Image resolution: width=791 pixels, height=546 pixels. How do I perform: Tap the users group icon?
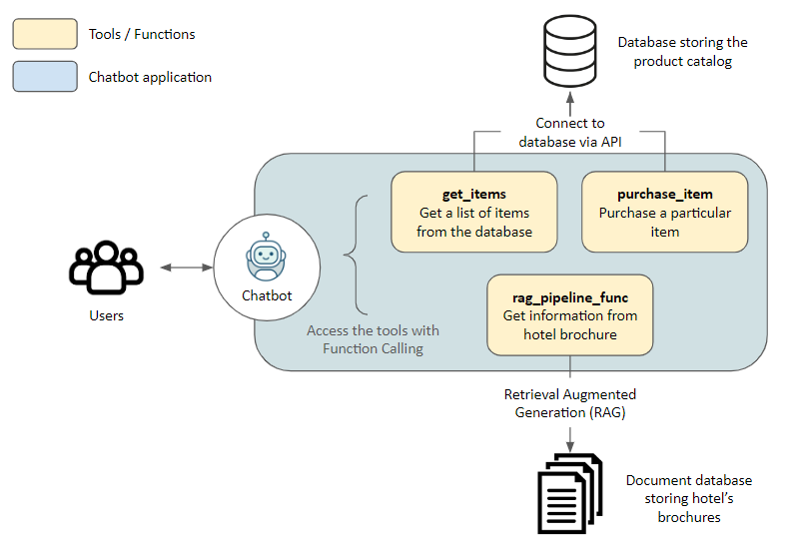[x=106, y=267]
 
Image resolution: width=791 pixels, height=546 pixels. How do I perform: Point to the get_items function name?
[x=474, y=194]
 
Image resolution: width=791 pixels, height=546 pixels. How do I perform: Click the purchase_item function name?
[x=665, y=194]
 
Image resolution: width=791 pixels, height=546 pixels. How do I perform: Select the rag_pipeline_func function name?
[x=570, y=296]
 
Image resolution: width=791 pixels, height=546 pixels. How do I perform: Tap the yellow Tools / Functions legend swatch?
[x=45, y=34]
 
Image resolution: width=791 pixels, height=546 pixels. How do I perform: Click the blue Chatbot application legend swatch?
[x=45, y=77]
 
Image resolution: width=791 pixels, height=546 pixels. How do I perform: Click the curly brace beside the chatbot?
[x=351, y=255]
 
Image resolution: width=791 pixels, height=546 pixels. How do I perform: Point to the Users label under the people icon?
[x=106, y=315]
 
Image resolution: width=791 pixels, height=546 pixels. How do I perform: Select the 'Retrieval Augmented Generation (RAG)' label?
[x=570, y=403]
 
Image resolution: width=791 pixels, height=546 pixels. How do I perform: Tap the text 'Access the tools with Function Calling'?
[x=373, y=339]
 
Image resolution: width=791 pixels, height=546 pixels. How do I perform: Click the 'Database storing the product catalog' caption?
[x=683, y=52]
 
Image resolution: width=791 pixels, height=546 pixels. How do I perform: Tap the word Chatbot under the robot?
[x=267, y=295]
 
